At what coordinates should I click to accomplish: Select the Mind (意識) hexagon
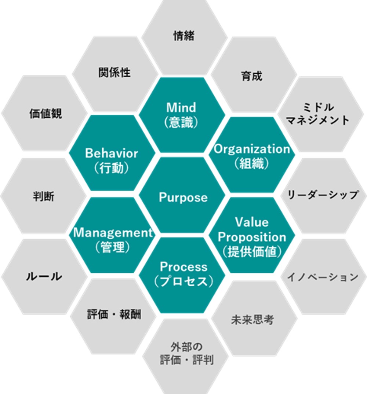182,115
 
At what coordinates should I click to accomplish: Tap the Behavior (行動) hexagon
112,153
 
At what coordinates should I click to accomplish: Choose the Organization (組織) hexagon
252,155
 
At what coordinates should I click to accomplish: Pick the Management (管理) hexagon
112,235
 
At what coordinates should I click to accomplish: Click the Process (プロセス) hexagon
182,275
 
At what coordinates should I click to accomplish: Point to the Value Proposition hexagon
252,235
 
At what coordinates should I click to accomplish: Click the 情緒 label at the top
184,36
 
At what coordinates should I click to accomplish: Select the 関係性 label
115,73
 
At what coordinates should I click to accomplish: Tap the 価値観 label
46,114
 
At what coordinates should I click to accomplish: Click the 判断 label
44,196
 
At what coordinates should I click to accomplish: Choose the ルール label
44,276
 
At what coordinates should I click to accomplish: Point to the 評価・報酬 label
114,314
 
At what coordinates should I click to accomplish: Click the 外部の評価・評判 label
187,353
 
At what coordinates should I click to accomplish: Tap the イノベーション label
323,277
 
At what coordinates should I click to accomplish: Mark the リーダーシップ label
323,195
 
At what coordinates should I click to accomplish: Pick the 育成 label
251,76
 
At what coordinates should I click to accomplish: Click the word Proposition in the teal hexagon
252,237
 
